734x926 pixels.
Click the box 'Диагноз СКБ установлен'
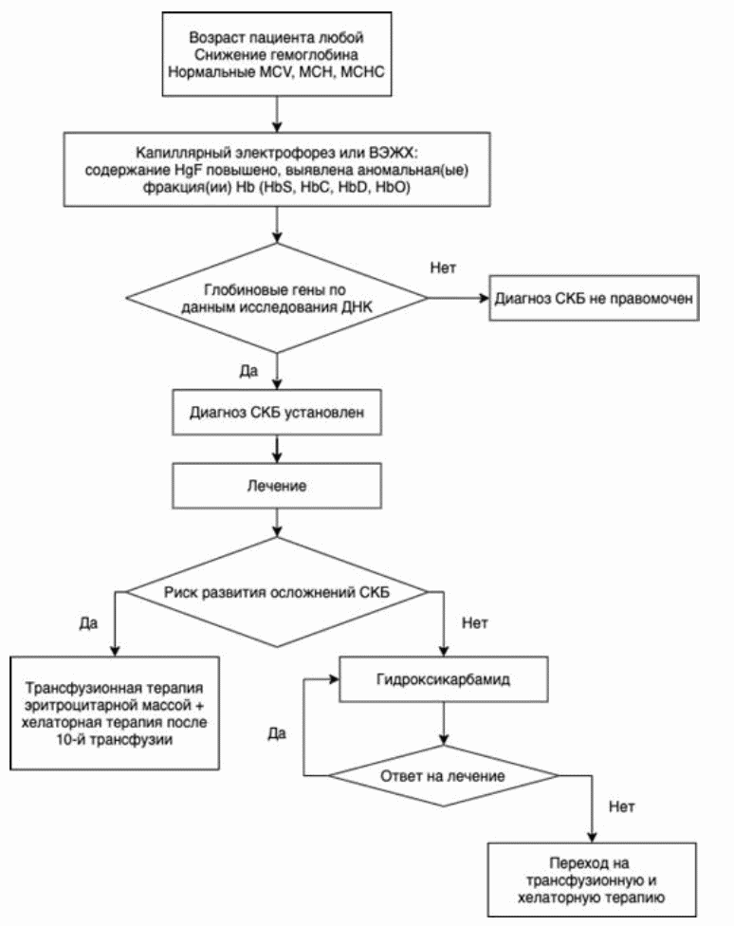276,412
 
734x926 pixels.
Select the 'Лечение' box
276,486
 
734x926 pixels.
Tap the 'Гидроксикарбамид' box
443,679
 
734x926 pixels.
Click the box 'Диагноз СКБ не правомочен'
594,298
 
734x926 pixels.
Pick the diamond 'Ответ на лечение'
443,775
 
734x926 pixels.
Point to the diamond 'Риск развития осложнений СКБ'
276,592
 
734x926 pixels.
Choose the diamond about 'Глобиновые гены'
276,298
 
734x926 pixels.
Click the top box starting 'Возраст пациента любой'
276,54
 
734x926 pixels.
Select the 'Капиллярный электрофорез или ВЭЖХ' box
276,170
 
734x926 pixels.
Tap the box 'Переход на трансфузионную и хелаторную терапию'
592,880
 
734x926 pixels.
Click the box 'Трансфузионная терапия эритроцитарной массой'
115,713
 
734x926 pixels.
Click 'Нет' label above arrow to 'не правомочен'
443,269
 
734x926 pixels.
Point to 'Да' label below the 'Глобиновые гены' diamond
248,371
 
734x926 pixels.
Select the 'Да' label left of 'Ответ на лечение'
277,733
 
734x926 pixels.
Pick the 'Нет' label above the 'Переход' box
622,806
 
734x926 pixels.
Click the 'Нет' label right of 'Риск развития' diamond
475,623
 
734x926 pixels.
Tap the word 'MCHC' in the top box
362,72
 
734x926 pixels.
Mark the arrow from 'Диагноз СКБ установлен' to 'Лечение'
276,449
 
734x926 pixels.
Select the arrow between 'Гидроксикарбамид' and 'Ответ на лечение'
443,723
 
